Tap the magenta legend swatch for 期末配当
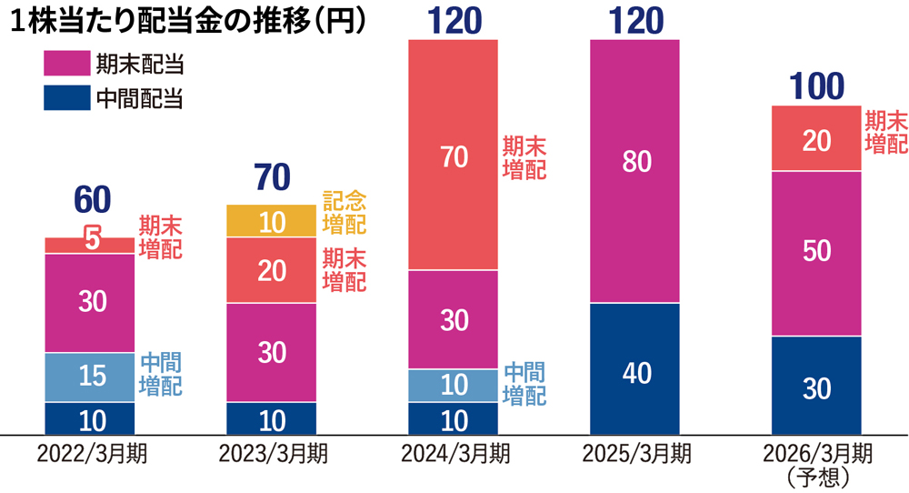click(66, 64)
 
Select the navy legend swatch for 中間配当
click(66, 97)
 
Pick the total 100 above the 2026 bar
click(816, 87)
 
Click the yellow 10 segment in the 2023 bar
click(272, 221)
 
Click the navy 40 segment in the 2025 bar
click(634, 373)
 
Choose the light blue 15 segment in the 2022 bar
click(90, 377)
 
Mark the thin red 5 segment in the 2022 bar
click(90, 245)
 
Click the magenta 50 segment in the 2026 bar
click(816, 253)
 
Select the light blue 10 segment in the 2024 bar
click(454, 385)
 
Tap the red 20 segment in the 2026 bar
click(816, 138)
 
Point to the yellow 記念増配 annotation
click(345, 210)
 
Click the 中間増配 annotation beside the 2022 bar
click(160, 374)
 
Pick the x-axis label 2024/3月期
click(454, 453)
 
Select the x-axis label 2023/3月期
click(272, 453)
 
